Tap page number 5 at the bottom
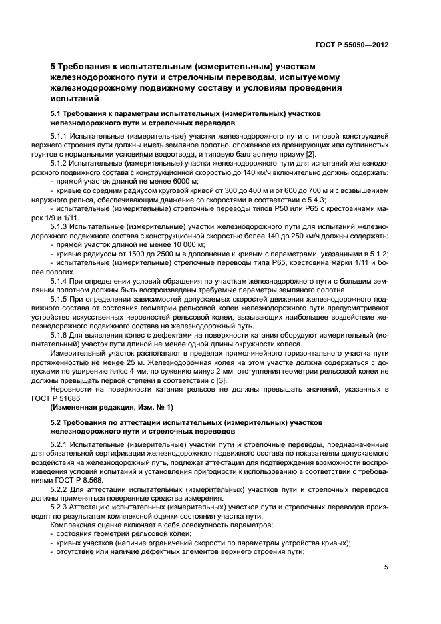(x=386, y=568)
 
